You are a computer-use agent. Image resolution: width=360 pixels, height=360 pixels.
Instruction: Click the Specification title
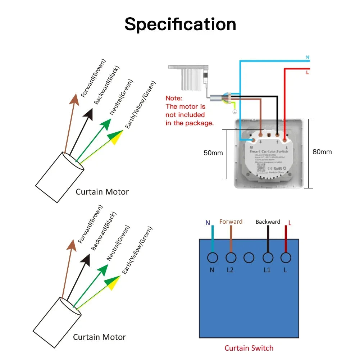[x=180, y=24]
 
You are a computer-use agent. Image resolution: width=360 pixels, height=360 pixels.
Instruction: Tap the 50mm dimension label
[x=213, y=153]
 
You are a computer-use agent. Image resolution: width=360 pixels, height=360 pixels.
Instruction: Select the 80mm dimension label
[x=322, y=152]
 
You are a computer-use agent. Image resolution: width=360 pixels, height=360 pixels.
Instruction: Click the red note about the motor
[x=190, y=110]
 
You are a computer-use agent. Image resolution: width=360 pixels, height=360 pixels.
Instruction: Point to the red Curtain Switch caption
[x=249, y=348]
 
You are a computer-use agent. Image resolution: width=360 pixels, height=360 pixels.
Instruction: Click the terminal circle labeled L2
[x=231, y=258]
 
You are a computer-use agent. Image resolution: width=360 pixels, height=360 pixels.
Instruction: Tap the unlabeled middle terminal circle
[x=249, y=258]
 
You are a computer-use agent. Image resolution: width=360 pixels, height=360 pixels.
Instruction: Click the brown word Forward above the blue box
[x=231, y=222]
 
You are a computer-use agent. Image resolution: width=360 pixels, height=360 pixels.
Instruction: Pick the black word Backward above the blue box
[x=268, y=222]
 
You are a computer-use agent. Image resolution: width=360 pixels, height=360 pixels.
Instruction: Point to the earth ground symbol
[x=234, y=111]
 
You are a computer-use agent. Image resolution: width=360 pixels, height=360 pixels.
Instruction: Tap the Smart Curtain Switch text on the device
[x=269, y=151]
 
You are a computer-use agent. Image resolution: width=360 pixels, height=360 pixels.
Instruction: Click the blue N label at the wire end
[x=307, y=57]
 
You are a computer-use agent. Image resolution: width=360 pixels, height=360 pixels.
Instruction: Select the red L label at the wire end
[x=307, y=73]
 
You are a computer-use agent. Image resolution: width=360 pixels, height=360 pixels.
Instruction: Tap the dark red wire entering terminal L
[x=286, y=239]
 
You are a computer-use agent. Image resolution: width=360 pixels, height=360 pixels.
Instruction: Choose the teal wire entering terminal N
[x=213, y=239]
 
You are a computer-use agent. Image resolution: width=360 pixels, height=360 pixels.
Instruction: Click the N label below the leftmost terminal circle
[x=212, y=270]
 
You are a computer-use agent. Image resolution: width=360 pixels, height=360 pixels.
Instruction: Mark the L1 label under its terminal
[x=267, y=270]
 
